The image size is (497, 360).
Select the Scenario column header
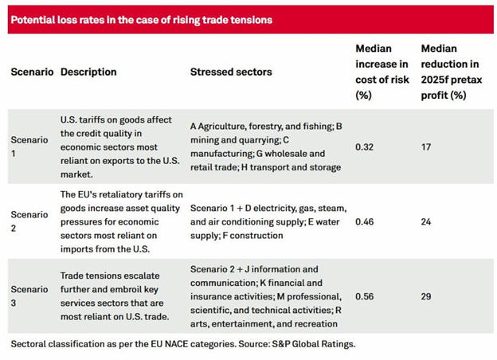pos(32,72)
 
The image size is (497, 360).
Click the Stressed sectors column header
pos(231,72)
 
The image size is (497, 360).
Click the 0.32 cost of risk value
pos(364,147)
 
